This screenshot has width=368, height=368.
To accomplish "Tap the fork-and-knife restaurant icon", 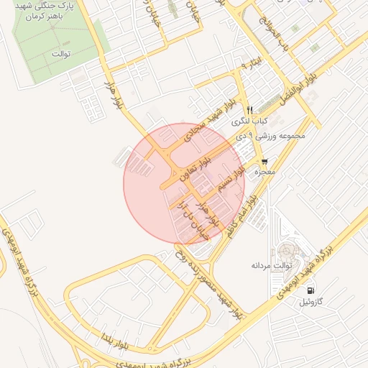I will click(249, 110).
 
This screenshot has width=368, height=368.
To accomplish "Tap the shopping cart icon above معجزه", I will click(265, 161).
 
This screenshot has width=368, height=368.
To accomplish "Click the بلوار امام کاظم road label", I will click(240, 216).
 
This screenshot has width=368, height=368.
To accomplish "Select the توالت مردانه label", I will click(270, 265).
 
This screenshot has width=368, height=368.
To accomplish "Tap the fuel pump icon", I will click(310, 290).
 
